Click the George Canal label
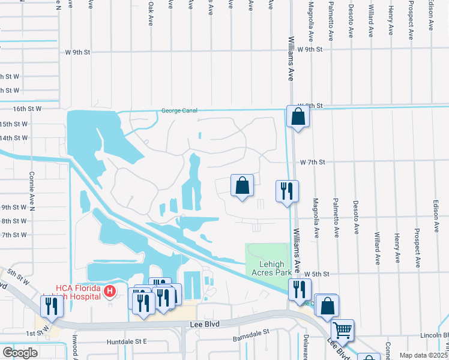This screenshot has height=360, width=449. point(179,111)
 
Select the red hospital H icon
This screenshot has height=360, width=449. point(109,292)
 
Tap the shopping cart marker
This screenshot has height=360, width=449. point(342,329)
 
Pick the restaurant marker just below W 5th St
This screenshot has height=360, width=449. point(298,289)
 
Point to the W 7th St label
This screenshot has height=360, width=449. point(313,163)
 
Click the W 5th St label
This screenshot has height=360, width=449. point(318,274)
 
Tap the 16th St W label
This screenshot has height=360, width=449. point(28,109)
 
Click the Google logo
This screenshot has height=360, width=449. point(20,353)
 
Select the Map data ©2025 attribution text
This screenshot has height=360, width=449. point(423,355)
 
